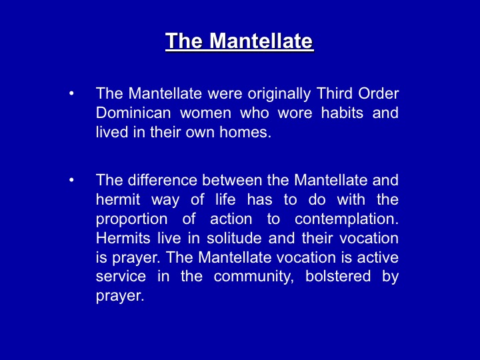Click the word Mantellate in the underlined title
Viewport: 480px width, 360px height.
[261, 41]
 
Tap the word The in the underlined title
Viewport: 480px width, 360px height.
[184, 41]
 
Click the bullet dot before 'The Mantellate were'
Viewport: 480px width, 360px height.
[71, 93]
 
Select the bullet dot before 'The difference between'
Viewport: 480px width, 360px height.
[71, 180]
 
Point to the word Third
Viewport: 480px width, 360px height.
[334, 93]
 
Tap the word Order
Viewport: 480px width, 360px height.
[379, 93]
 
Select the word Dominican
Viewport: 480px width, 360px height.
[133, 113]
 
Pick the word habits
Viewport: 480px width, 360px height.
[342, 113]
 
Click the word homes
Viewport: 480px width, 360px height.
[245, 132]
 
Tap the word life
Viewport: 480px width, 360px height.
[225, 199]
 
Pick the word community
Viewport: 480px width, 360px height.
[253, 277]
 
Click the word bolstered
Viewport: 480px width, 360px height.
[338, 276]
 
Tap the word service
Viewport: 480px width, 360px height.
[121, 277]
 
